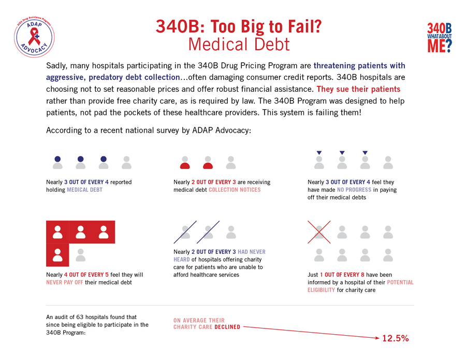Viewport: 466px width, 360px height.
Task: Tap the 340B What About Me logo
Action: tap(440, 38)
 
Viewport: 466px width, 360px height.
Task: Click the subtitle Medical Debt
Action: tap(239, 44)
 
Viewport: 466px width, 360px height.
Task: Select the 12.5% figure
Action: tap(396, 338)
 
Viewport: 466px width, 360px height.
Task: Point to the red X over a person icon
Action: tap(319, 232)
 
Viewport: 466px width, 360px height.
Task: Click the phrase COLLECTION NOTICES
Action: tap(235, 190)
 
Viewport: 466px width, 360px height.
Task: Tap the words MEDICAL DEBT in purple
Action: tap(84, 190)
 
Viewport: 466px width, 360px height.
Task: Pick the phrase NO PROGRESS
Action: tap(354, 190)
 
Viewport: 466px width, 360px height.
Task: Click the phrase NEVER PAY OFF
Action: tap(64, 282)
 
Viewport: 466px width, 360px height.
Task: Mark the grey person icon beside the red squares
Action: tap(80, 255)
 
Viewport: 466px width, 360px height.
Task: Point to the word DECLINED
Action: tap(227, 327)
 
